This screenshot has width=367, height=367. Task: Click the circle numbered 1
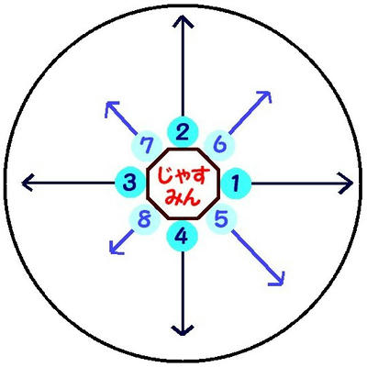(x=236, y=183)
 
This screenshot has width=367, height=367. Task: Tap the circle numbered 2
(x=183, y=132)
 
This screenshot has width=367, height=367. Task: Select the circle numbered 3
(x=130, y=183)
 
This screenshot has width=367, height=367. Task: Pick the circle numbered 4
(x=183, y=236)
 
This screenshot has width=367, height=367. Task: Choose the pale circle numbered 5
(x=222, y=219)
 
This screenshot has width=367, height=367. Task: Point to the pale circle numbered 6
(x=219, y=146)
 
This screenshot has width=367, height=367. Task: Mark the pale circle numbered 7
(x=146, y=146)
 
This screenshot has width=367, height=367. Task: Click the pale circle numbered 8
(x=145, y=219)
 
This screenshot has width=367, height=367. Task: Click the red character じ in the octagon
(x=165, y=176)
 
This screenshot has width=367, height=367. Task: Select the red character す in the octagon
(x=202, y=177)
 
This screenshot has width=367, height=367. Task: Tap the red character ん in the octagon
(x=192, y=197)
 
